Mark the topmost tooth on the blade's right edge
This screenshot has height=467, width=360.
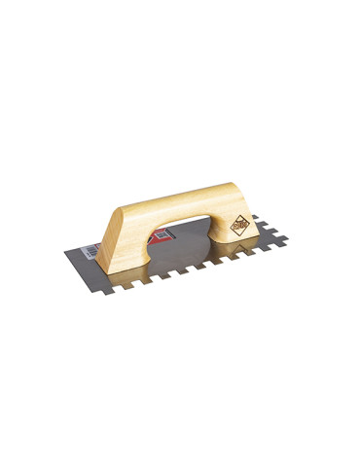(x=257, y=221)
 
